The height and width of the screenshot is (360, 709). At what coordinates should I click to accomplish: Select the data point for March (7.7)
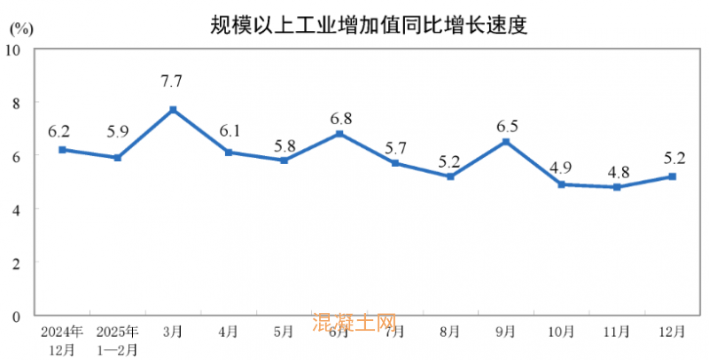click(x=173, y=109)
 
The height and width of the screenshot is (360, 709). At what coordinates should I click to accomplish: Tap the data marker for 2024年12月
click(x=62, y=150)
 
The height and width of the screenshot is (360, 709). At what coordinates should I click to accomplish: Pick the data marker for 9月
click(x=506, y=142)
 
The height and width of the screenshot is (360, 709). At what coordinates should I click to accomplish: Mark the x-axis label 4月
click(x=228, y=332)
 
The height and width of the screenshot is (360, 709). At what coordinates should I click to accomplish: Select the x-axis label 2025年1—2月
click(x=117, y=339)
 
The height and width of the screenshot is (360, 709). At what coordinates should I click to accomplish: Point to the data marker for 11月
click(x=617, y=187)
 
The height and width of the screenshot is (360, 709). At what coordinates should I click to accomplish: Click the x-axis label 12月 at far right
click(x=672, y=332)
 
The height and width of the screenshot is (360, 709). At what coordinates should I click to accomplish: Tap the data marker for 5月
click(x=284, y=160)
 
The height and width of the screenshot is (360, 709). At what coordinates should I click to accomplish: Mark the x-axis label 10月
click(x=561, y=332)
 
